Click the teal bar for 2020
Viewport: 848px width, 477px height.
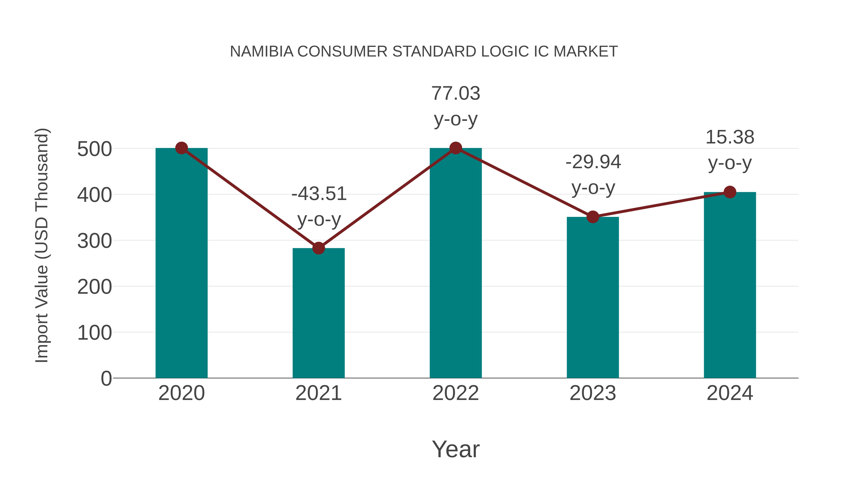click(181, 263)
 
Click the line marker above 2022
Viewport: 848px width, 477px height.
click(456, 148)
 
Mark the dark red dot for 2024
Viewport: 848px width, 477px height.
click(730, 192)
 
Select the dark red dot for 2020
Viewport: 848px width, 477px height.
click(181, 148)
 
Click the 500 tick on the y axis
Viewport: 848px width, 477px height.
click(94, 149)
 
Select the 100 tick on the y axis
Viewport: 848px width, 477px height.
click(94, 333)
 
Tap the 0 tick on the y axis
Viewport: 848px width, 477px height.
click(106, 379)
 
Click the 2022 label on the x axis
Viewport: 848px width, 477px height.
click(456, 393)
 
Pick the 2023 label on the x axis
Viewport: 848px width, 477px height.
click(593, 393)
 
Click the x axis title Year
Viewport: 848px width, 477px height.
click(456, 449)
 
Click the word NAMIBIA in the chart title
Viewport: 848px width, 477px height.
click(262, 52)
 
